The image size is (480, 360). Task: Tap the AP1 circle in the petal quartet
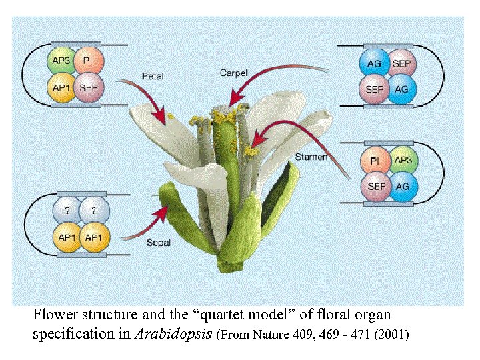pos(61,87)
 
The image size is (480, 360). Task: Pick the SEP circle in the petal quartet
pos(88,87)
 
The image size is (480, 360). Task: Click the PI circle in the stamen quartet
pos(375,161)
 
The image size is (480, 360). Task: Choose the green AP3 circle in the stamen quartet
pos(403,161)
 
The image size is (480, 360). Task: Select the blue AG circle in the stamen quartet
pos(403,187)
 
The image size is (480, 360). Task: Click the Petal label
pos(153,76)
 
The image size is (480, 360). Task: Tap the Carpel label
pos(233,73)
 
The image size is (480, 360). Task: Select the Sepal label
pos(159,243)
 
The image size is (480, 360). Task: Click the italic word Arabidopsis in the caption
pos(174,334)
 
